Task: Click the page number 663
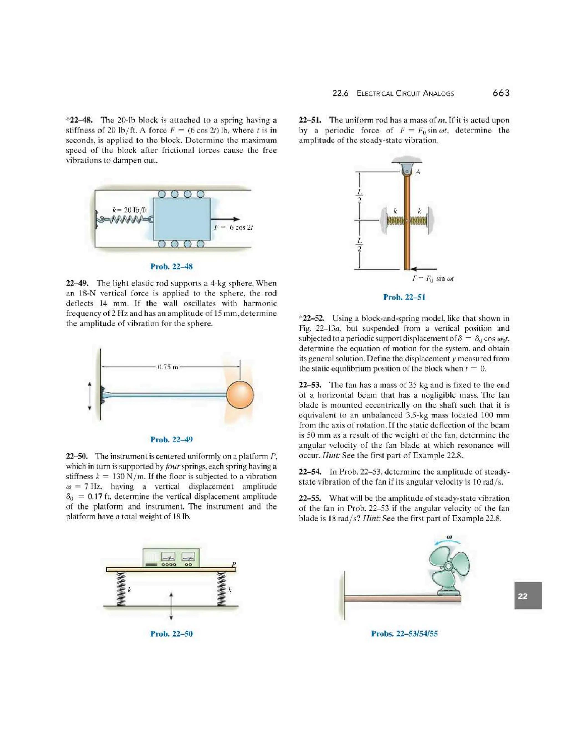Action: point(501,93)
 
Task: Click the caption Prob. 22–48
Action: point(171,267)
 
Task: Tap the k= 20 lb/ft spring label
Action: point(130,210)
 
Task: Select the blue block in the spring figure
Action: point(182,219)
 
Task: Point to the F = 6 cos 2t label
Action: point(234,227)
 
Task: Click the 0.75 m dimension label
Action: point(168,367)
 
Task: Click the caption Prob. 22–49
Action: point(171,440)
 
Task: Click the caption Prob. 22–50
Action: point(171,634)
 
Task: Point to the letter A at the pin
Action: point(418,172)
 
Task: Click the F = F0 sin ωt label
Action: point(433,279)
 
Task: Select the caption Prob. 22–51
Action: point(404,297)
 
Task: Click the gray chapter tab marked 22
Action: point(528,596)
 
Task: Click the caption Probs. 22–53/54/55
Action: point(404,634)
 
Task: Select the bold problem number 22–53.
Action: point(310,385)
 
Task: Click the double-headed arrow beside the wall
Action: point(90,396)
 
